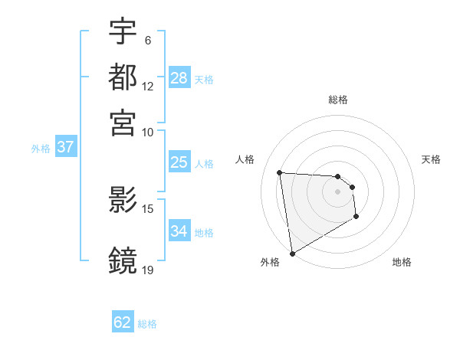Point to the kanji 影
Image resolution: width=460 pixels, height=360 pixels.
tap(123, 201)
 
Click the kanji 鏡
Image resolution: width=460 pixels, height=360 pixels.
tap(123, 260)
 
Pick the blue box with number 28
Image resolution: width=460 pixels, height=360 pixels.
tap(179, 78)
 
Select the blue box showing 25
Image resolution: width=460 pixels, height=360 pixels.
tap(179, 162)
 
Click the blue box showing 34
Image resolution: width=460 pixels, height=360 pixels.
tap(179, 231)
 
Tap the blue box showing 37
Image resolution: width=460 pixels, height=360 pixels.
tap(65, 147)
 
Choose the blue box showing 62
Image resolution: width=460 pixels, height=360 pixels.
tap(123, 322)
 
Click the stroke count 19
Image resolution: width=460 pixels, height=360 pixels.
tap(148, 270)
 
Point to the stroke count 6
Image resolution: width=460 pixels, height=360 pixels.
tap(148, 40)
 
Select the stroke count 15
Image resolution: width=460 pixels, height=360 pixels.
tap(148, 208)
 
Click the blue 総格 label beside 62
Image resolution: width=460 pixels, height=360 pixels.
tap(147, 324)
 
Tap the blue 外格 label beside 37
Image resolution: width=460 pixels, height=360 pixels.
tap(40, 149)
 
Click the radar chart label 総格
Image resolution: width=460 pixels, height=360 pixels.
tap(338, 100)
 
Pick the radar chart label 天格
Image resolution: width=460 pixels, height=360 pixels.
tap(432, 159)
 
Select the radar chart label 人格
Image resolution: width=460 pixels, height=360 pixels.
tap(245, 159)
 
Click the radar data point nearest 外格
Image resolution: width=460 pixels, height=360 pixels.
tap(292, 253)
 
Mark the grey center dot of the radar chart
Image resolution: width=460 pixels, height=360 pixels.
tap(337, 191)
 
